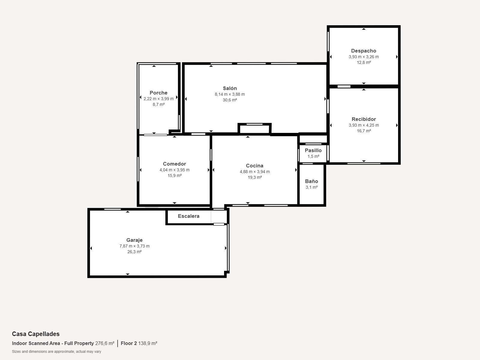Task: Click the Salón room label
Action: [229, 88]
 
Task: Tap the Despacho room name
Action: [364, 51]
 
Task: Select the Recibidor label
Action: [364, 119]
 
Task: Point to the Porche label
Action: [158, 93]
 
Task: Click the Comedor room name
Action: [175, 164]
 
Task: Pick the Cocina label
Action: [254, 166]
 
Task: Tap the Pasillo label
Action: [313, 150]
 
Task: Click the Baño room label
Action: [311, 181]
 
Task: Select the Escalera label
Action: [188, 216]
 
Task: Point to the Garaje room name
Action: [134, 240]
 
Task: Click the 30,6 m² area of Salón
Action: [230, 100]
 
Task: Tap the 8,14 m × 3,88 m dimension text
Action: [230, 94]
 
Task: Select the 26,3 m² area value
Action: [134, 252]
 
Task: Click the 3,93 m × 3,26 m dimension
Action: [364, 57]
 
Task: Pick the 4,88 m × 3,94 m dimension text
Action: [255, 172]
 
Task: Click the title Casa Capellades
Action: [36, 334]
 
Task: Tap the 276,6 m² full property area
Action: [105, 343]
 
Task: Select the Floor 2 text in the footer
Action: [129, 343]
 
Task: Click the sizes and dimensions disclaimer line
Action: [57, 352]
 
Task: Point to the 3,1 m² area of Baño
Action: [312, 187]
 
